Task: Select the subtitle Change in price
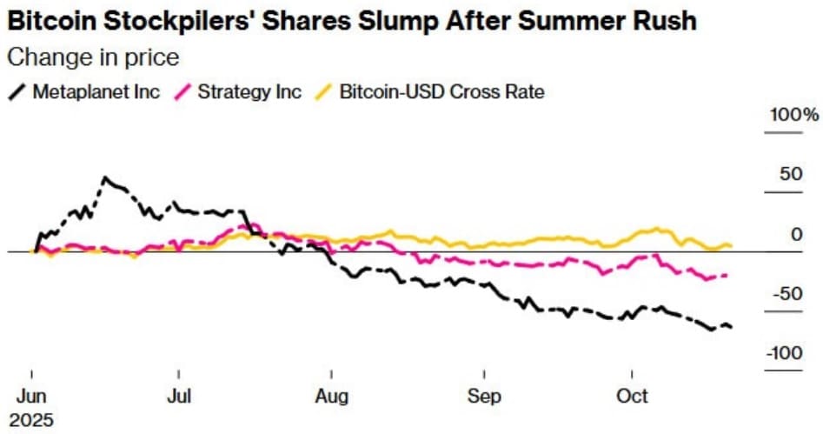click(92, 58)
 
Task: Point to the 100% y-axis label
click(792, 116)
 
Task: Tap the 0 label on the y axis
click(794, 234)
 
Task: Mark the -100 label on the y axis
click(784, 353)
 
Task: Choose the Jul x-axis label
click(179, 396)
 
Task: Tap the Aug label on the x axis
click(331, 396)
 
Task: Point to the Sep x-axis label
click(484, 396)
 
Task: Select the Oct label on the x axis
click(632, 396)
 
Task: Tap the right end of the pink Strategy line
click(727, 276)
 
